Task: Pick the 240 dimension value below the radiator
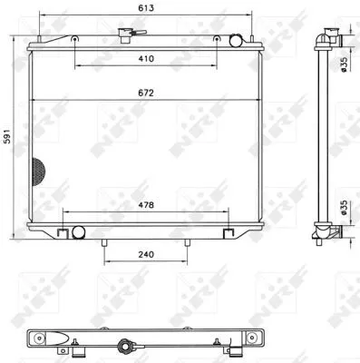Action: [146, 255]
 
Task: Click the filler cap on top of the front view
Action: [123, 34]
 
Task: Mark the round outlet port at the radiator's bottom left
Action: [77, 232]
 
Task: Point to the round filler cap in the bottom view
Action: [123, 346]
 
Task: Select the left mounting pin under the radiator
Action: [105, 243]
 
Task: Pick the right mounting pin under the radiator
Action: [187, 243]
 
